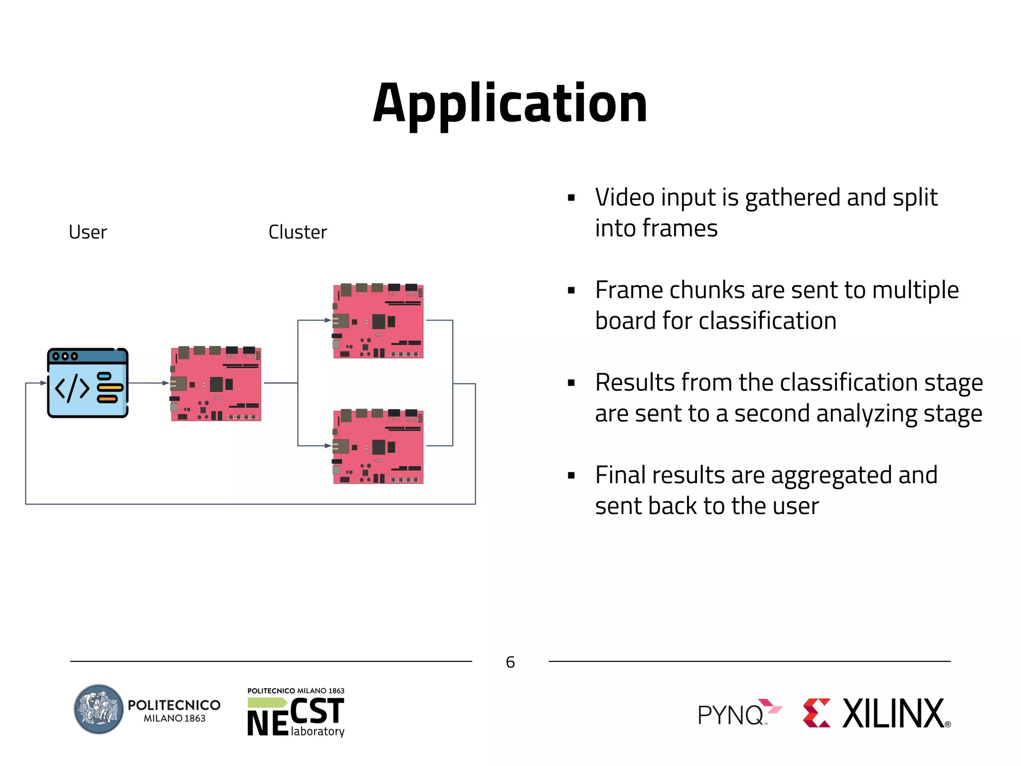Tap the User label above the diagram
88,232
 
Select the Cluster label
298,232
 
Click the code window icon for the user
88,383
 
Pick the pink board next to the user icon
216,383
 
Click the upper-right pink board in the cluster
378,321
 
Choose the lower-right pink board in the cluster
378,446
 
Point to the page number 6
510,662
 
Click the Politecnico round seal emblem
99,709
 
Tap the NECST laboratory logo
296,713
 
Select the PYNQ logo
739,714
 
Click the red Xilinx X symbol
817,713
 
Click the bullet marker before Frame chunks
571,291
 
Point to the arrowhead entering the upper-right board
328,320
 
